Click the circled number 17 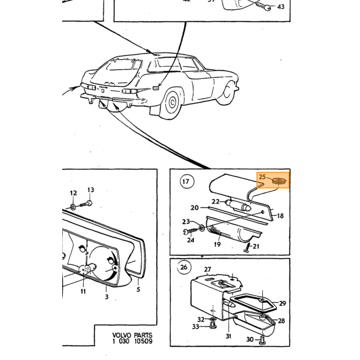tap(187, 182)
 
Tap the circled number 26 tap(184, 267)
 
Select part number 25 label tap(262, 177)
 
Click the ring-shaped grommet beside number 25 tap(279, 181)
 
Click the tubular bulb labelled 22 tap(239, 205)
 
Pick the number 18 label tap(280, 216)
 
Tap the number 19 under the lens tap(217, 244)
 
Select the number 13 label tap(91, 190)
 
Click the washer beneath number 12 tap(73, 207)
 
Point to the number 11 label tap(83, 292)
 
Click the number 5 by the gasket tap(138, 289)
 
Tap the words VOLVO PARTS tap(132, 335)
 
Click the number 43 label tap(281, 7)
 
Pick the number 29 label tap(282, 303)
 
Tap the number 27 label tap(207, 269)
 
